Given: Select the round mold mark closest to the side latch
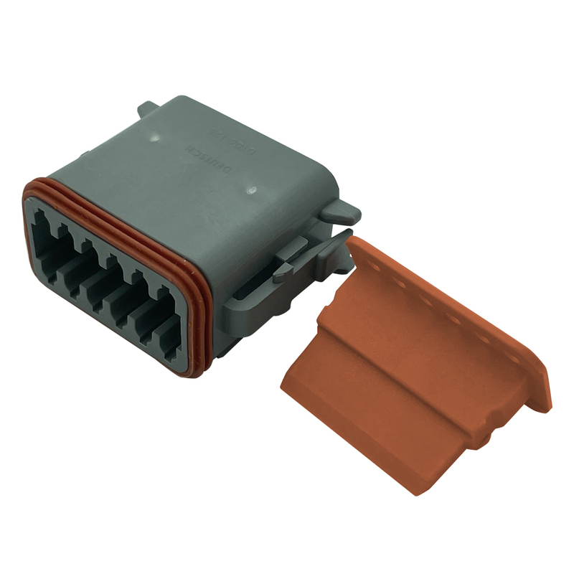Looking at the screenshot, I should pyautogui.click(x=252, y=191).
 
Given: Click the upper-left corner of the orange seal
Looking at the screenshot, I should pyautogui.click(x=29, y=188).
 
